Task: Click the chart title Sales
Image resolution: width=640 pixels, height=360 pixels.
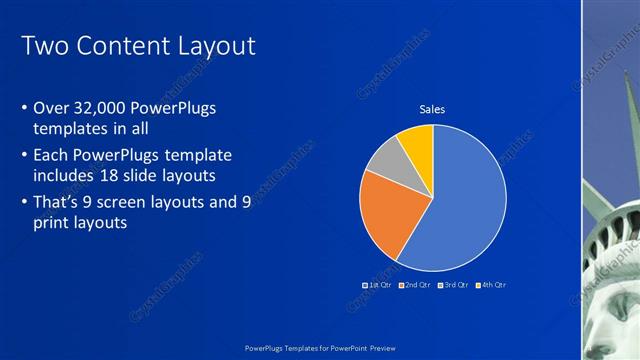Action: point(432,109)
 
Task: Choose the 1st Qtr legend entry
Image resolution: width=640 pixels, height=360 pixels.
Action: point(376,285)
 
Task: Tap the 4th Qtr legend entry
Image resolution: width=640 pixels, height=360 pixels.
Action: point(491,285)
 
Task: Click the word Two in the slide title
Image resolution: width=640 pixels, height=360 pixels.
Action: point(44,46)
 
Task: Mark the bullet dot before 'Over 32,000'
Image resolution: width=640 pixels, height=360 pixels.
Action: point(24,108)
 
